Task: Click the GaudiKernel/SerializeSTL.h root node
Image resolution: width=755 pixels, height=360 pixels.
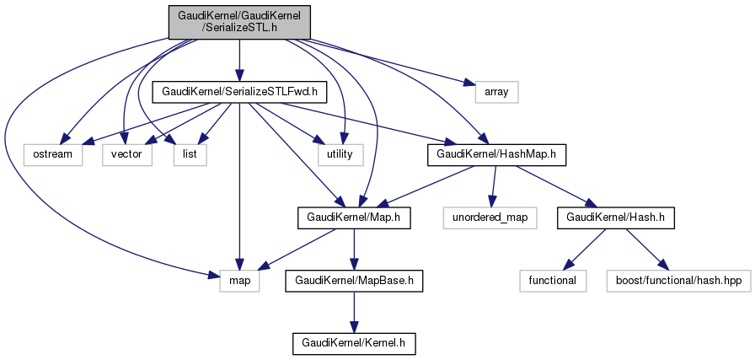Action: tap(239, 19)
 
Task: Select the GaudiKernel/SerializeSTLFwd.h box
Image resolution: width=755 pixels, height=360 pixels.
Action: tap(239, 90)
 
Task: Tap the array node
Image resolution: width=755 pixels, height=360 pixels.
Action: tap(497, 90)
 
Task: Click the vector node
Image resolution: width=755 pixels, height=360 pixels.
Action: tap(127, 154)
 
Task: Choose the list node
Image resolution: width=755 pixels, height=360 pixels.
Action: tap(190, 154)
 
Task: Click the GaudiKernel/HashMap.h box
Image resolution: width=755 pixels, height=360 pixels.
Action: tap(496, 154)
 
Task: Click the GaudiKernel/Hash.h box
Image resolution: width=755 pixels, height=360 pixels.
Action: tap(598, 218)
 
